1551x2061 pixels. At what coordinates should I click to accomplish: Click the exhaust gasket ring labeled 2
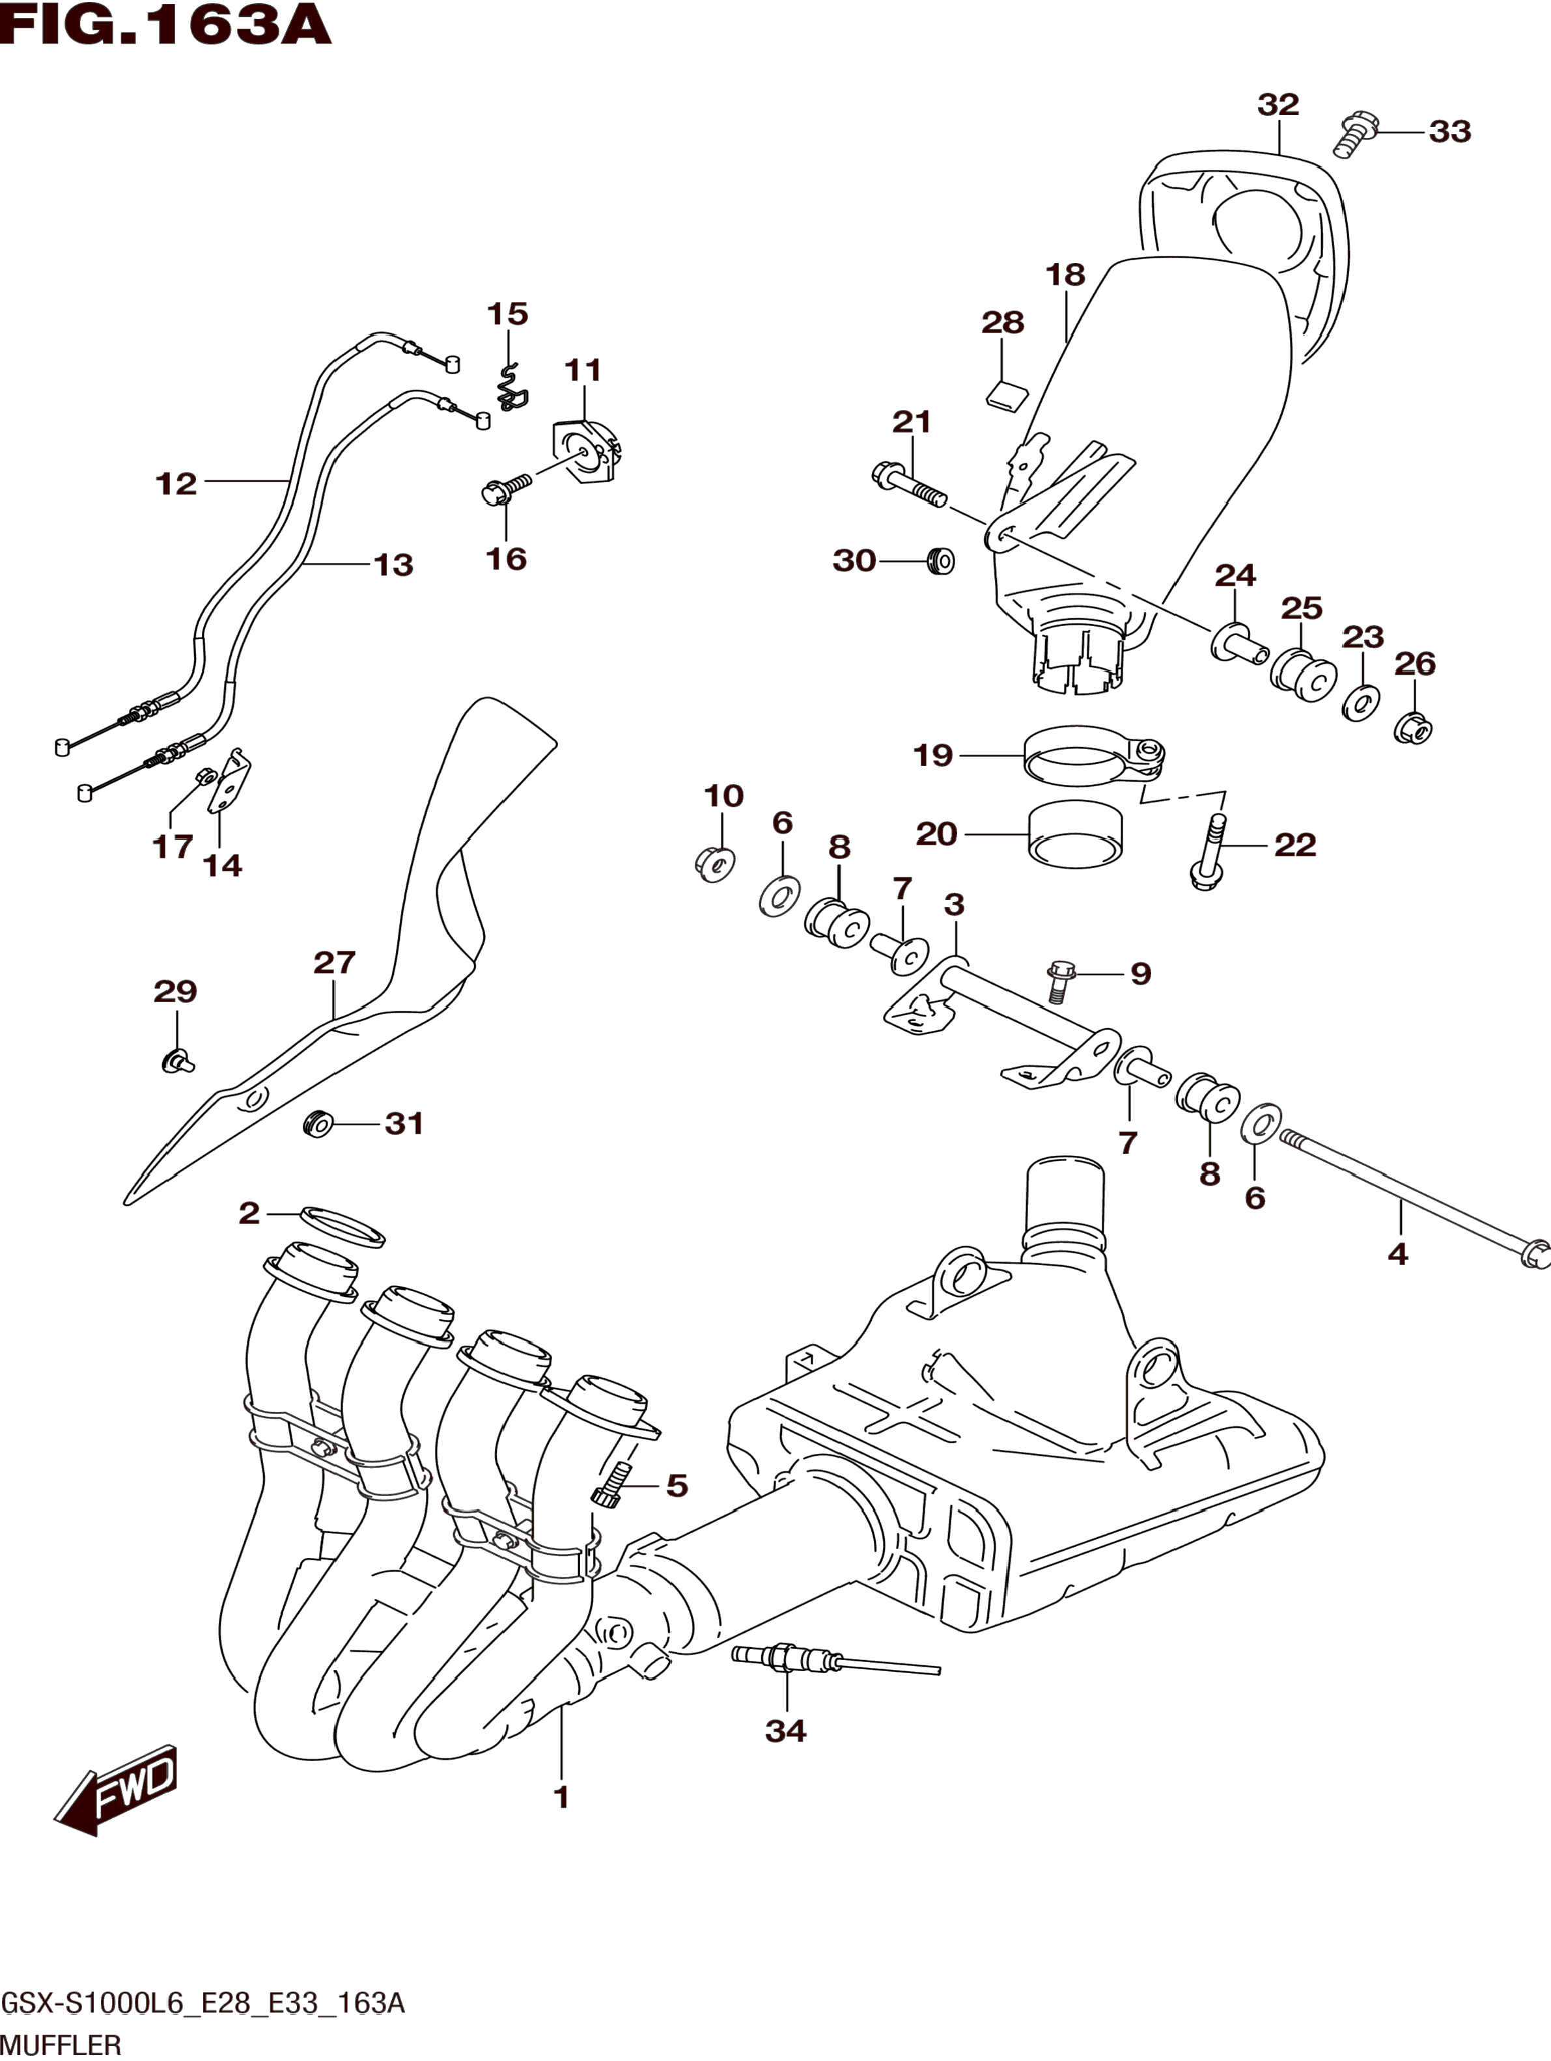(x=342, y=1226)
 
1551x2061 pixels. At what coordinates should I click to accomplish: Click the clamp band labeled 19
(x=1095, y=756)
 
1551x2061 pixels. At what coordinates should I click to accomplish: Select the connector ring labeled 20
(x=1076, y=833)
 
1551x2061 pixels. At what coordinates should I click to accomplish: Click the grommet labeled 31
(x=320, y=1124)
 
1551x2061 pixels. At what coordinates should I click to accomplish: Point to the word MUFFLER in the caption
(x=61, y=2045)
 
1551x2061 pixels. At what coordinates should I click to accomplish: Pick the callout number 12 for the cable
(x=176, y=483)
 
